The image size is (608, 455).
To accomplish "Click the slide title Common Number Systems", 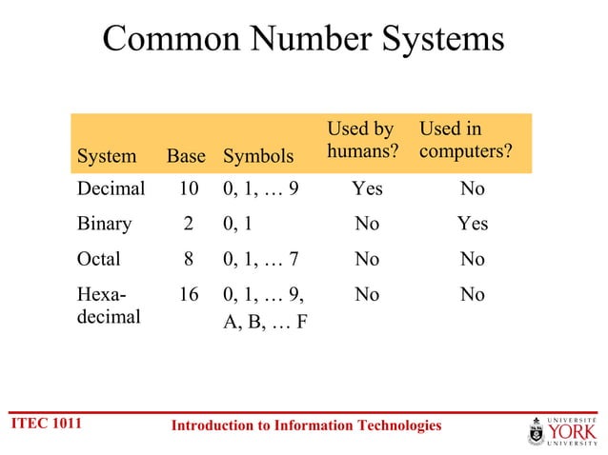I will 303,39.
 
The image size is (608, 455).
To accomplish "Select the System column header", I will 106,156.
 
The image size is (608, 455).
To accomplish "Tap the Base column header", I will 186,156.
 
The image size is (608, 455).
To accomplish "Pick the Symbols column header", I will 257,156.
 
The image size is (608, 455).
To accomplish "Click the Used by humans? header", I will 361,140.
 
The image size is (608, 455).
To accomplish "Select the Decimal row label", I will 111,188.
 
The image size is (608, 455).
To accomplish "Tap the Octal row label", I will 101,259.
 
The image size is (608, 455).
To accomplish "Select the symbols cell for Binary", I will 238,224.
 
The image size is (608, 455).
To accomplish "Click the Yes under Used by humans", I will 367,188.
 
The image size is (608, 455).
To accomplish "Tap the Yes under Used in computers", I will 472,224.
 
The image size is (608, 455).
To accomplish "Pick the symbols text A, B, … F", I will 264,320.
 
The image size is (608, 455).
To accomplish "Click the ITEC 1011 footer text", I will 45,423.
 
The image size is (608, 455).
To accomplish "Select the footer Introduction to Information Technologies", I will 306,425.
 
